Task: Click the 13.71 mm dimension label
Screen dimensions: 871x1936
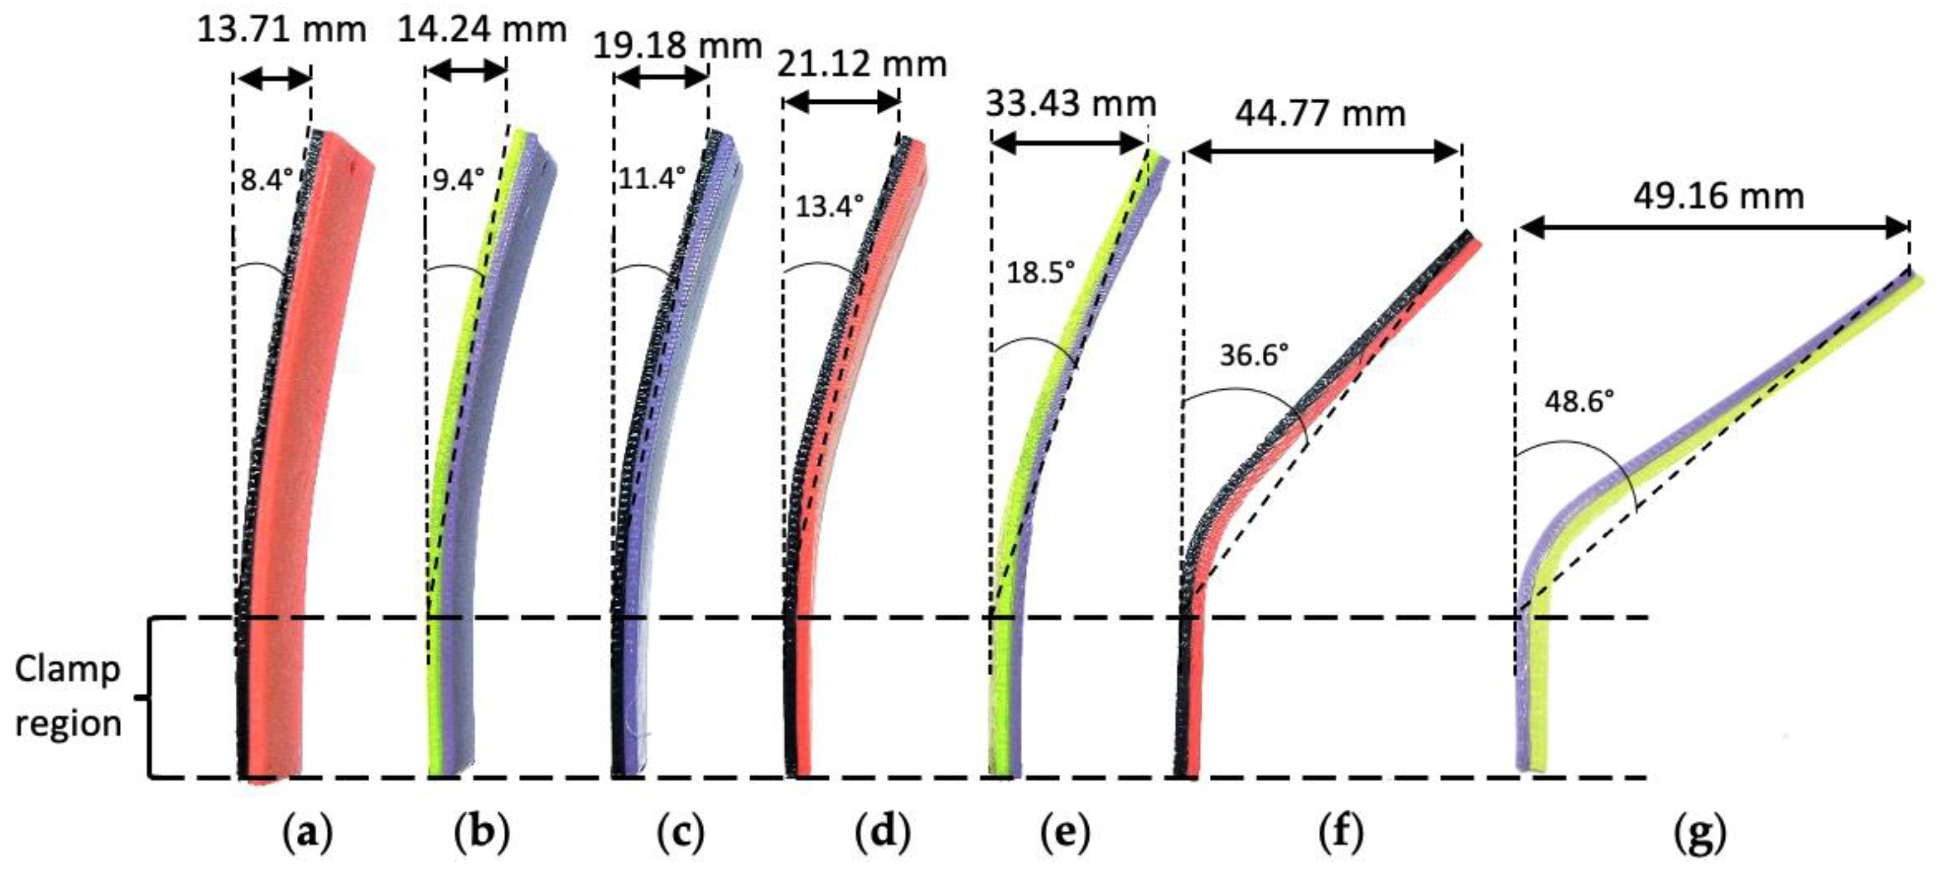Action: click(x=281, y=30)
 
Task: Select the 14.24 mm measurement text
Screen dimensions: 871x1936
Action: click(x=482, y=30)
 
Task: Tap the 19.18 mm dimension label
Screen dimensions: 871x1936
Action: click(x=677, y=46)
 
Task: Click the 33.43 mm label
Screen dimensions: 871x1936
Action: click(x=1071, y=104)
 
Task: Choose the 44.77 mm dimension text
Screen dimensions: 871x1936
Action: click(x=1320, y=114)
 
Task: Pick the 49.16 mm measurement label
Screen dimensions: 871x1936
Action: click(x=1719, y=196)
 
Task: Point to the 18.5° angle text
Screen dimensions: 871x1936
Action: click(x=1040, y=272)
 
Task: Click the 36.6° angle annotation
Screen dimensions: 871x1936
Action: click(x=1254, y=355)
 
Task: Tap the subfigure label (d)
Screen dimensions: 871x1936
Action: click(x=882, y=833)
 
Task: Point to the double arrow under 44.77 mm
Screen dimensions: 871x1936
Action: click(x=1323, y=153)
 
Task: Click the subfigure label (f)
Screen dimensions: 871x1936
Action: click(x=1341, y=833)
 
